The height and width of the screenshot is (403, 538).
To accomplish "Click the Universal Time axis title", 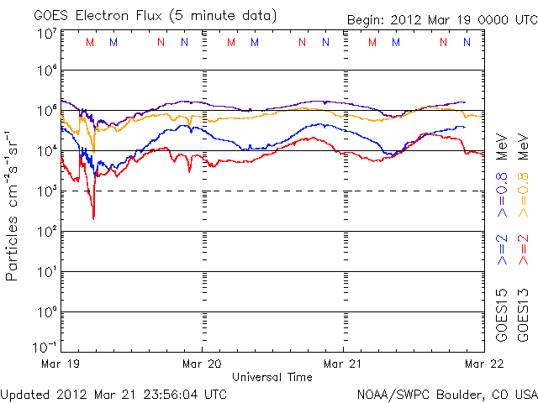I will coord(272,377).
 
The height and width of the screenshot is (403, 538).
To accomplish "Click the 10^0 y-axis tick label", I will coord(46,312).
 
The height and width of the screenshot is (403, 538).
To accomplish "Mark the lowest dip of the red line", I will coord(93,218).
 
